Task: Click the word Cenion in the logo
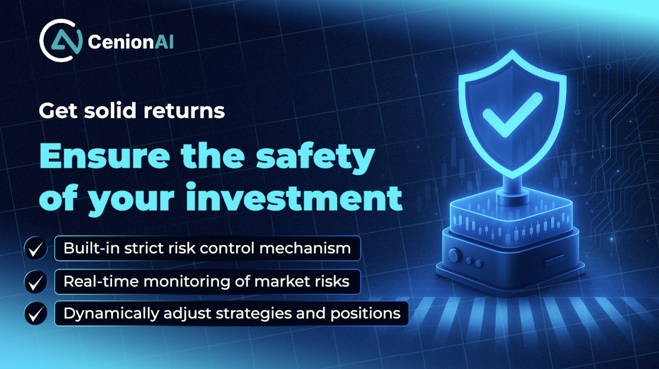tap(121, 42)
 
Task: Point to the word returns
tap(184, 111)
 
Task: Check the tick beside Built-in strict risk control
tap(36, 249)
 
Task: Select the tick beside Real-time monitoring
tap(36, 282)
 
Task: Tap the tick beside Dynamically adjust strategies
tap(36, 314)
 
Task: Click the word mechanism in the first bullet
tap(305, 248)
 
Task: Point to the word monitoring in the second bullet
tap(187, 282)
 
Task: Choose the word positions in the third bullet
tap(365, 314)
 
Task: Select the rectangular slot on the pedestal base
tap(555, 260)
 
